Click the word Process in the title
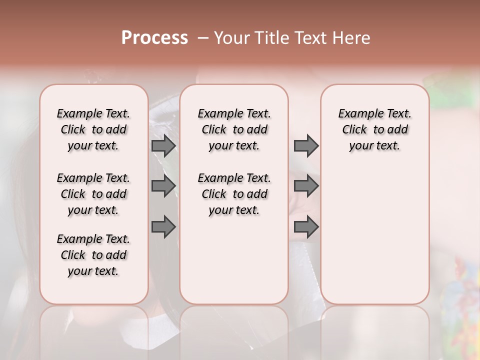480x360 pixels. [154, 38]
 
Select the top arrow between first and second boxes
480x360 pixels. [163, 145]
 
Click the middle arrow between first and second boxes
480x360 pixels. [163, 186]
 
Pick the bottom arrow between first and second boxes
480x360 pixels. [163, 227]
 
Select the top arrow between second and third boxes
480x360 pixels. [306, 145]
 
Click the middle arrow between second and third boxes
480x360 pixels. [306, 186]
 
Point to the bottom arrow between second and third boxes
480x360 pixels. [306, 227]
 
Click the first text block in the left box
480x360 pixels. [93, 129]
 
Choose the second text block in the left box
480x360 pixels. [93, 194]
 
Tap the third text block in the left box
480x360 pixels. [93, 255]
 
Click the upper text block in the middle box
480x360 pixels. [234, 129]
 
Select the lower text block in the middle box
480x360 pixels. [234, 194]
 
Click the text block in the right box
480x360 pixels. [374, 129]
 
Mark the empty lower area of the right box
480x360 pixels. [374, 230]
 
